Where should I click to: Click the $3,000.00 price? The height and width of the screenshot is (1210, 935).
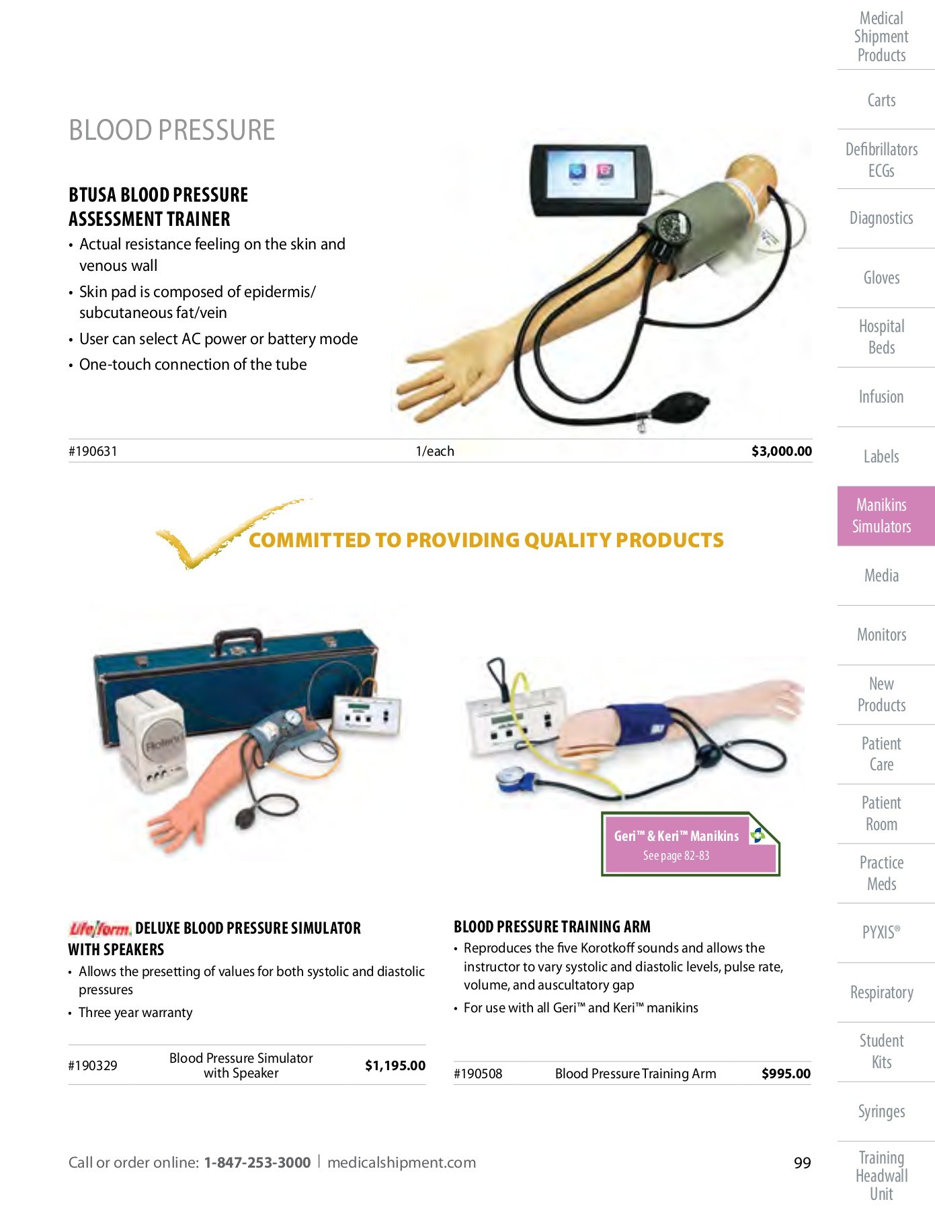tap(781, 451)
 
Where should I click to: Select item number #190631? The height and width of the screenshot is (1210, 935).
tap(93, 451)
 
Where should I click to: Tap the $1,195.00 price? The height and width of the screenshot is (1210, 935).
tap(395, 1065)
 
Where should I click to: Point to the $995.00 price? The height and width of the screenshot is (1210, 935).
tap(786, 1074)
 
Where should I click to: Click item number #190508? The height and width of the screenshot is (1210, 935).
tap(478, 1074)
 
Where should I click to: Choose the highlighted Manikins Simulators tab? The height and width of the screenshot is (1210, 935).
tap(881, 516)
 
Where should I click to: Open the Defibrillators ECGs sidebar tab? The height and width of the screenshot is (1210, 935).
tap(881, 159)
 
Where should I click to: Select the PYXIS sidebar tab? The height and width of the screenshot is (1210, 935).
tap(881, 932)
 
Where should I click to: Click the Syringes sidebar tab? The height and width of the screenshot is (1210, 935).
tap(881, 1111)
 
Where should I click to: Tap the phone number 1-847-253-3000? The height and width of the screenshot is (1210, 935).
tap(257, 1162)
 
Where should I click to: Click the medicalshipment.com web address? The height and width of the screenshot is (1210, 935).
tap(401, 1162)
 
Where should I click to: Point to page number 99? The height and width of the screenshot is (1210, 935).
tap(802, 1163)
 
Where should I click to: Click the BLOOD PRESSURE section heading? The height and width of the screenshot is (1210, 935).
tap(172, 130)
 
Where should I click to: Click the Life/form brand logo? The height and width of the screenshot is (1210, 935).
tap(99, 929)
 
